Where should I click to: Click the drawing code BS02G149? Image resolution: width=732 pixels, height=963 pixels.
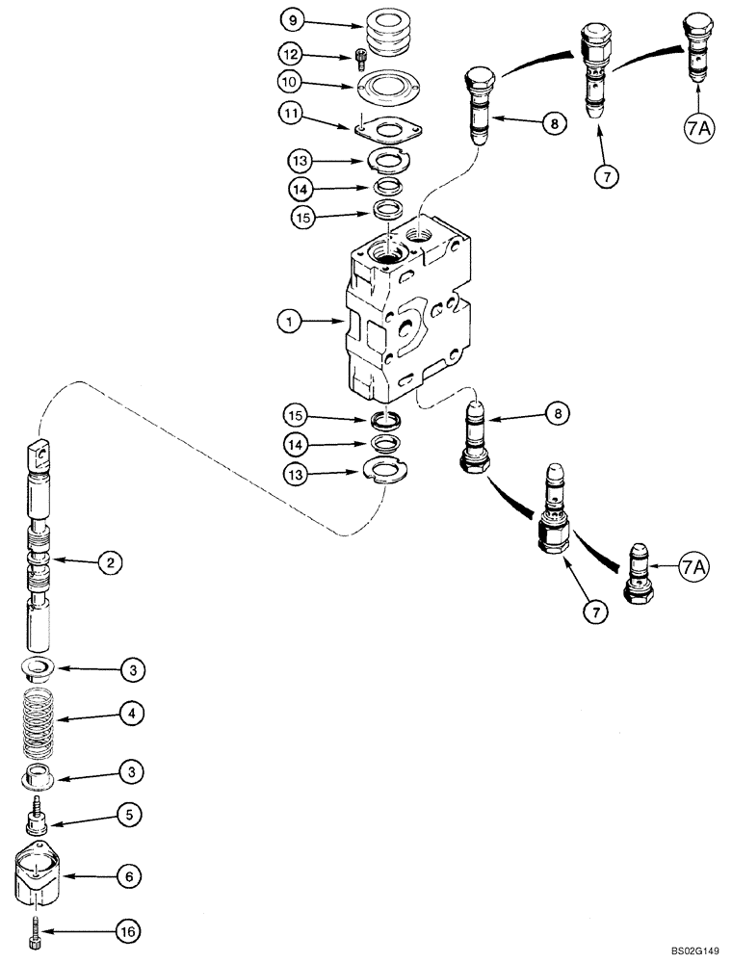688,950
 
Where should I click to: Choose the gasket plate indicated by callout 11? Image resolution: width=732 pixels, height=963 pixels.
386,127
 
